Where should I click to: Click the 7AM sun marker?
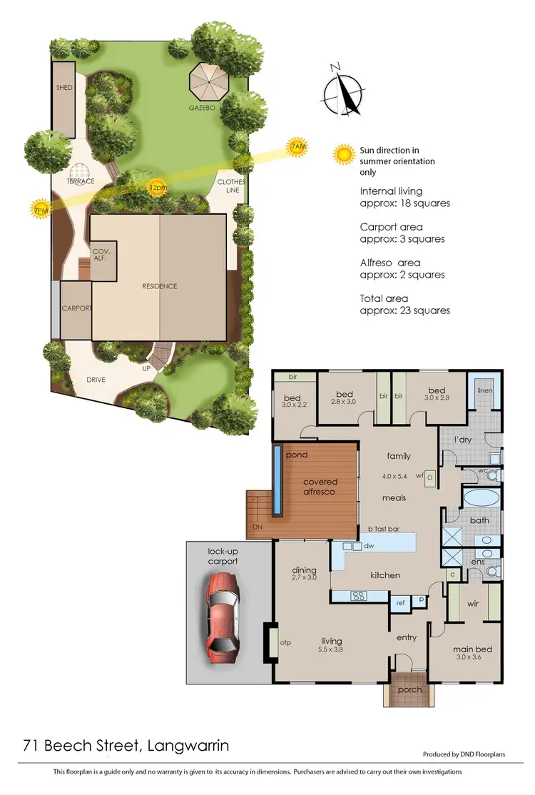tap(298, 147)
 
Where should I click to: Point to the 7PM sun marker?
tap(41, 208)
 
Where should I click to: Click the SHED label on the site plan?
tap(65, 88)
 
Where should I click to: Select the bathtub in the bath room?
tap(483, 497)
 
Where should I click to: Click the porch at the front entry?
tap(409, 689)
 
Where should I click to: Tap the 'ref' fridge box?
tap(400, 603)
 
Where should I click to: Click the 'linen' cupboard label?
tap(485, 390)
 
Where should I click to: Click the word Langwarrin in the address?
tap(188, 746)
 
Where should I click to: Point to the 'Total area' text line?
tap(385, 298)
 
